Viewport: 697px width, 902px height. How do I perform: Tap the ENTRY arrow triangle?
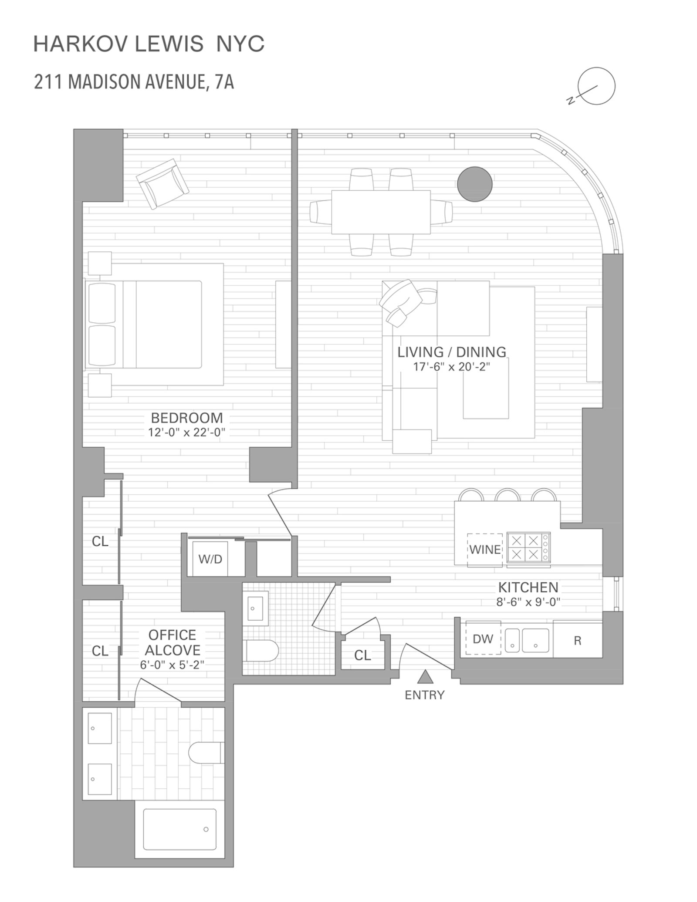pos(425,677)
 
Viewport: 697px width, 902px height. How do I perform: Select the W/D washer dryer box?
pos(210,559)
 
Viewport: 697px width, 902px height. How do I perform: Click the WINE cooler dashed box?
pos(485,550)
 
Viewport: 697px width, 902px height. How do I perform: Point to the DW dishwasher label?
pos(483,639)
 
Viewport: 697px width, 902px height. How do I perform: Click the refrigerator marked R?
pos(578,641)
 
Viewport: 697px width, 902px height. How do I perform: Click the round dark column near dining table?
pos(475,184)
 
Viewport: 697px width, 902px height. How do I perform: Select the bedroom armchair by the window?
pos(162,183)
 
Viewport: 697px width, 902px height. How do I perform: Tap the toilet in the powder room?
pos(262,651)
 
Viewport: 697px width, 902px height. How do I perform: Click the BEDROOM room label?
pos(187,418)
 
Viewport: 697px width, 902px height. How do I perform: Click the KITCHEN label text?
pos(528,587)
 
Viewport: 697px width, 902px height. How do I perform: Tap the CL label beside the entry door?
pos(362,655)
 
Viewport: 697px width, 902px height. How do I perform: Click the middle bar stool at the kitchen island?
pos(508,495)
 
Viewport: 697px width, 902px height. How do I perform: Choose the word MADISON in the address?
pos(105,82)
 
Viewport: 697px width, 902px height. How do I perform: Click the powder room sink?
pos(255,608)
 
